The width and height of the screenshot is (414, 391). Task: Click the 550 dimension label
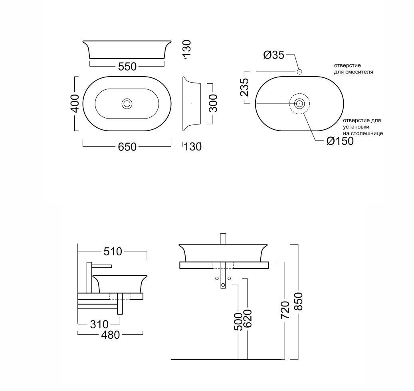[127, 67]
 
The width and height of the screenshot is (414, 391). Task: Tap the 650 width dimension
[127, 147]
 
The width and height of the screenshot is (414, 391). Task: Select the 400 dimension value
[75, 103]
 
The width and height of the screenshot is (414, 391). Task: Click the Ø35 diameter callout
[274, 55]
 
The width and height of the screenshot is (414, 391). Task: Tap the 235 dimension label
[244, 87]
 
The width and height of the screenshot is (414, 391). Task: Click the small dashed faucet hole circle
[299, 72]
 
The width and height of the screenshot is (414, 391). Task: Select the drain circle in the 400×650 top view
[127, 103]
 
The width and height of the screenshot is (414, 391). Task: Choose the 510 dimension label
[113, 252]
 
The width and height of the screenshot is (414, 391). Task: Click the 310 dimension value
[99, 324]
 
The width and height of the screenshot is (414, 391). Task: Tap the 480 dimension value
[111, 335]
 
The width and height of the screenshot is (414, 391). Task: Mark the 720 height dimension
[285, 310]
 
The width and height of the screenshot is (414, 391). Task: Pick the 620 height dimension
[248, 318]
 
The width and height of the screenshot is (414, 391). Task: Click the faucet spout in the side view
[102, 266]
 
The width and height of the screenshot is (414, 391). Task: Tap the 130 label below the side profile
[193, 147]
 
